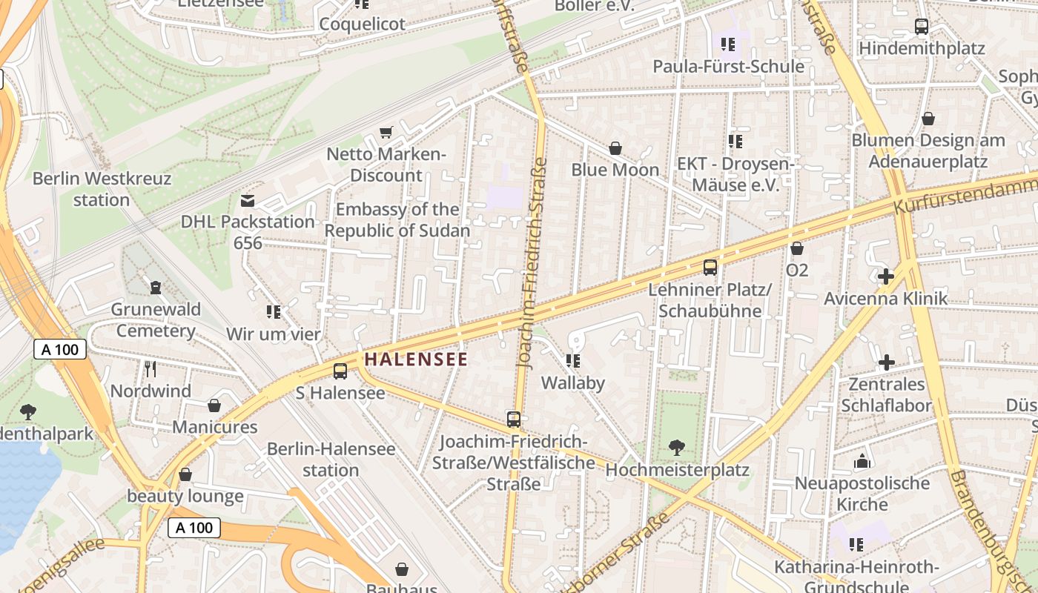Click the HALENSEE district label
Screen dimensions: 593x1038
point(416,360)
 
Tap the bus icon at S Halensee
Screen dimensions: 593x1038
point(340,371)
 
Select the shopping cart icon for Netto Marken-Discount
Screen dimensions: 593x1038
point(386,132)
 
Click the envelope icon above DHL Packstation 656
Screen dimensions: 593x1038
point(248,200)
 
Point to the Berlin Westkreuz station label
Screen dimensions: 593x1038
point(102,189)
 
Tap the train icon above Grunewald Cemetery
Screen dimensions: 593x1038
point(156,287)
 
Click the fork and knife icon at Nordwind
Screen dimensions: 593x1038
point(151,368)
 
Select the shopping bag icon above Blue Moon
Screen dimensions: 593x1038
point(615,148)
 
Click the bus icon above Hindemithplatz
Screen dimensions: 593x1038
point(922,27)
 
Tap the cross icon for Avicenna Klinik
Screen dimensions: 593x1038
point(885,277)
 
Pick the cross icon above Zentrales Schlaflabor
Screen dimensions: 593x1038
point(886,362)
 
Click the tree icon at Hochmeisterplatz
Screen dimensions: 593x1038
point(676,447)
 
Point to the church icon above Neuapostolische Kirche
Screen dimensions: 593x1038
point(862,461)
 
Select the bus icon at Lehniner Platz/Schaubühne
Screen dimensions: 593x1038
point(710,268)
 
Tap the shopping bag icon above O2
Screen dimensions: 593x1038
point(797,248)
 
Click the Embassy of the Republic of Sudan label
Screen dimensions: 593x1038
point(397,220)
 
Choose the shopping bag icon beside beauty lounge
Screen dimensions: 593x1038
point(185,474)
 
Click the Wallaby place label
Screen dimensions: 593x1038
point(573,383)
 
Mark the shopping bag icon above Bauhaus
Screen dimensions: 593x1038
point(402,569)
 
